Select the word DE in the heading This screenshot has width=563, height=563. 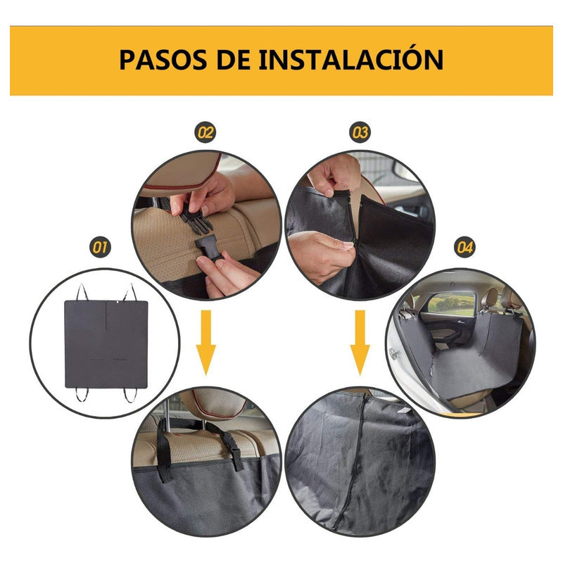click(x=234, y=60)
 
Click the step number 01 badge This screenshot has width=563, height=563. click(x=100, y=248)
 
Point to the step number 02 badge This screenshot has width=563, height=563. click(x=205, y=132)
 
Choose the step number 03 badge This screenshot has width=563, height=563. click(x=360, y=132)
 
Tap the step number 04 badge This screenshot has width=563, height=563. click(x=465, y=248)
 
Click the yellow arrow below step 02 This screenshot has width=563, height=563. click(x=205, y=343)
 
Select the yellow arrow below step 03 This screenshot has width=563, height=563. click(x=360, y=343)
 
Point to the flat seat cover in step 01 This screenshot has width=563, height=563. click(x=106, y=344)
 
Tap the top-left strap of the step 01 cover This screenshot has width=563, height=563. click(x=82, y=292)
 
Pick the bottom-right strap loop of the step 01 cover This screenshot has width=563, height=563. click(x=130, y=395)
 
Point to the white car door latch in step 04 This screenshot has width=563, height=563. click(x=394, y=353)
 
